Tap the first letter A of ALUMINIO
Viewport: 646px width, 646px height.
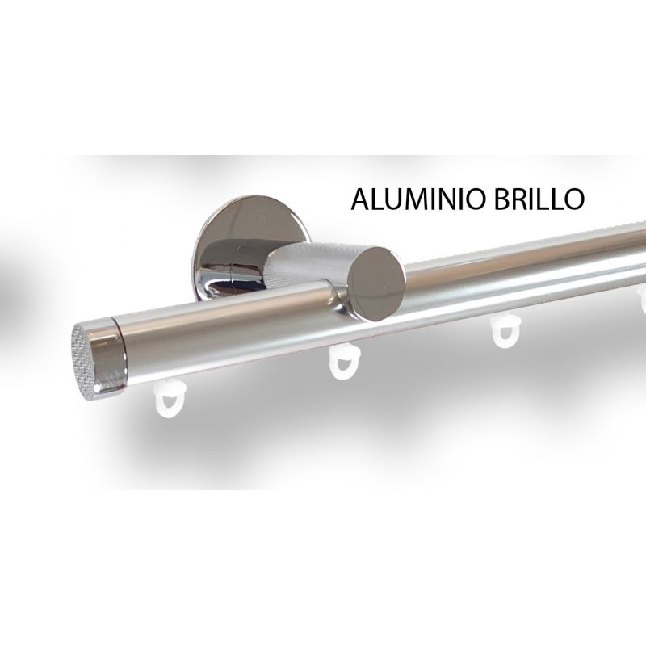point(361,199)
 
